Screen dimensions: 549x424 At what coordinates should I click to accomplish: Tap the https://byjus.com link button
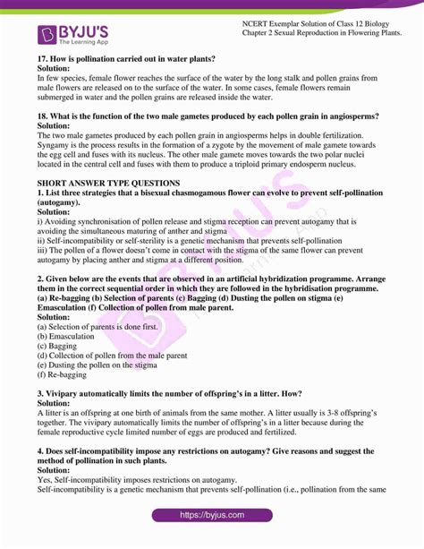click(x=211, y=516)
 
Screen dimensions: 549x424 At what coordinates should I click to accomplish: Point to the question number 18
click(x=43, y=117)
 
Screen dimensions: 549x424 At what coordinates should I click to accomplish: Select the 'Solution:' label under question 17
click(x=59, y=69)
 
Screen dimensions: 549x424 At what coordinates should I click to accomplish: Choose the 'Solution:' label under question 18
click(x=59, y=127)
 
